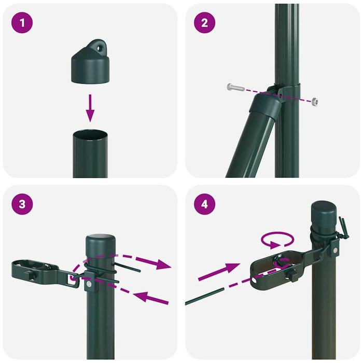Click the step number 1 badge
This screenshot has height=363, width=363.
coord(22,22)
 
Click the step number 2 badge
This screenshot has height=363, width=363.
coord(204,22)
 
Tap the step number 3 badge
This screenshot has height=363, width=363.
coord(22,203)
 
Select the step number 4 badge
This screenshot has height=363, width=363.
coord(204,203)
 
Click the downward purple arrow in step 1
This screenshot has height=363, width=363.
coord(90,108)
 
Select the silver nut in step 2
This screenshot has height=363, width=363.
coord(314,100)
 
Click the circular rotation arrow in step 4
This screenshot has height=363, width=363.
coord(277,240)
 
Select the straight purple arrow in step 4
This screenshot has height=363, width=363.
coord(218,272)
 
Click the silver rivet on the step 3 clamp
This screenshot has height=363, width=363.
coord(90,284)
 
